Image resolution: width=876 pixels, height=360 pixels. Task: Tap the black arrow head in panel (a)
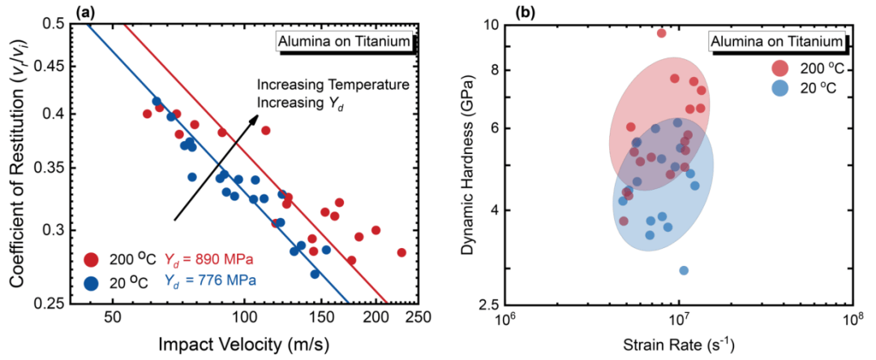pyautogui.click(x=254, y=118)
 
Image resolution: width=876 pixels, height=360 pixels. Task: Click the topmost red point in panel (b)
pyautogui.click(x=661, y=33)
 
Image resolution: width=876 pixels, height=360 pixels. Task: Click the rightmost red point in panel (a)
pyautogui.click(x=401, y=252)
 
